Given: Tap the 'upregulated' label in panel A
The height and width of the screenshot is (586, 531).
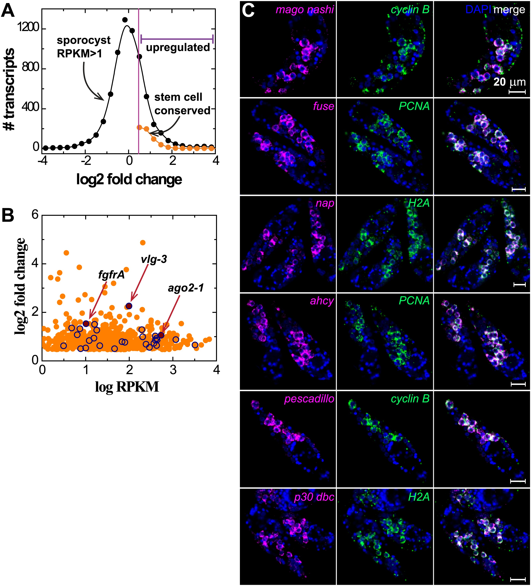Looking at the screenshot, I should tap(178, 47).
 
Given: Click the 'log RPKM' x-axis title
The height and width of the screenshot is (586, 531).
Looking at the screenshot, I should tap(127, 387).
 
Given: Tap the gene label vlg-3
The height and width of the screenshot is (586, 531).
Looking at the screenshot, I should tap(154, 259).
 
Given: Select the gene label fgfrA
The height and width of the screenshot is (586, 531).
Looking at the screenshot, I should tap(112, 274).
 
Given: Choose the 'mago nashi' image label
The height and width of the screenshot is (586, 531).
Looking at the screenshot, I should tap(305, 10).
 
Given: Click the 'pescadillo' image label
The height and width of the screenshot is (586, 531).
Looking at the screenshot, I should tap(309, 399).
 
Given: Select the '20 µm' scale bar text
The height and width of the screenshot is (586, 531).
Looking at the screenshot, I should tap(510, 82).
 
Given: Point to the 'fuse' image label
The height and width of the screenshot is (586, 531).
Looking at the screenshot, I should tap(323, 106).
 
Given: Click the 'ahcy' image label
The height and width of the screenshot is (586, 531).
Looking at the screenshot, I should tap(322, 301).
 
